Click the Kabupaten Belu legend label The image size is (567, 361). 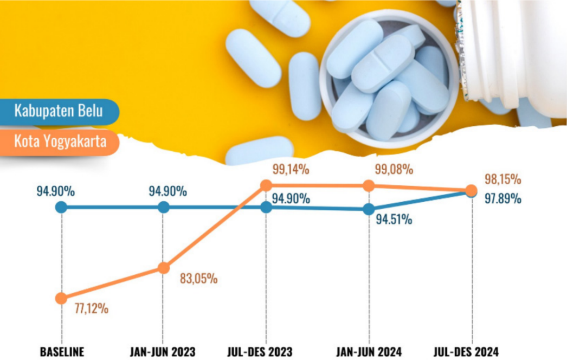pyautogui.click(x=59, y=112)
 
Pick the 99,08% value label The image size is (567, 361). pyautogui.click(x=394, y=170)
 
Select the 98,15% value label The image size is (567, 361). pyautogui.click(x=502, y=179)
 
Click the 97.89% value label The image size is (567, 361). pyautogui.click(x=503, y=199)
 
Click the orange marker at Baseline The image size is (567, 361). pyautogui.click(x=61, y=298)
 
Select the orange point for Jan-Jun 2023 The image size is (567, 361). pyautogui.click(x=164, y=268)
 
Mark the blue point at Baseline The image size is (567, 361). pyautogui.click(x=61, y=207)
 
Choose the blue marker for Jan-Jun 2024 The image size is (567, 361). pyautogui.click(x=369, y=210)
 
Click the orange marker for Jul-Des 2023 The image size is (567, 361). pyautogui.click(x=266, y=185)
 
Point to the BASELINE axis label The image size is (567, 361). pyautogui.click(x=62, y=352)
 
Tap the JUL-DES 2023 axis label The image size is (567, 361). pyautogui.click(x=266, y=352)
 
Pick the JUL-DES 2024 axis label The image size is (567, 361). pyautogui.click(x=470, y=352)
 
